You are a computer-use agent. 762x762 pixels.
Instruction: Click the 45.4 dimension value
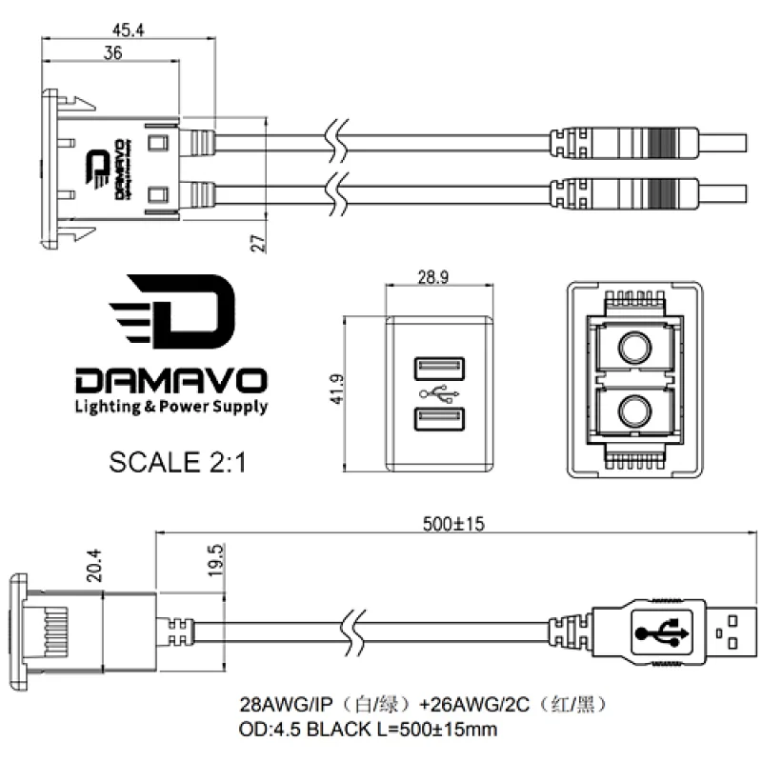click(129, 30)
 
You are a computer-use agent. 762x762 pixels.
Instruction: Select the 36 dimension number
click(112, 52)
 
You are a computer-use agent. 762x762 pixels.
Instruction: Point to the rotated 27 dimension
click(258, 243)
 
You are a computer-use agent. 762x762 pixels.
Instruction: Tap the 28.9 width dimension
click(433, 277)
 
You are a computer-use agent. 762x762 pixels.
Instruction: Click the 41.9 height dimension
click(336, 389)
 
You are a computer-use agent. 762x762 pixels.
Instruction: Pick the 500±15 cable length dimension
click(453, 524)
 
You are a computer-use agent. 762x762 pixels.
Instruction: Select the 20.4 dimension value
click(94, 566)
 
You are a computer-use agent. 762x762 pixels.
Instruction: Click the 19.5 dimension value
click(216, 560)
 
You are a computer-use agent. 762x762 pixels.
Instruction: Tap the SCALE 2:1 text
click(177, 462)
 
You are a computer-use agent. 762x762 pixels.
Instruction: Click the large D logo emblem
click(172, 311)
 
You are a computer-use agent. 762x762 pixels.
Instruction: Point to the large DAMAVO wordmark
click(171, 380)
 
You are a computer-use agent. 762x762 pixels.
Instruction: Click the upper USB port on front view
click(439, 369)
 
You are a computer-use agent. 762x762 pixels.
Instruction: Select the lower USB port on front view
click(439, 419)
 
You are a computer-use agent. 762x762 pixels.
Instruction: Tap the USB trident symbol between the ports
click(439, 394)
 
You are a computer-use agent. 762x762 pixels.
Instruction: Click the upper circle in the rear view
click(634, 348)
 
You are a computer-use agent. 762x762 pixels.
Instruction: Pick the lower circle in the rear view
click(634, 411)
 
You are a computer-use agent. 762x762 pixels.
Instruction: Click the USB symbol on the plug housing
click(661, 632)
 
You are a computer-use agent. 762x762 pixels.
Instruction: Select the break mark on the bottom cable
click(353, 633)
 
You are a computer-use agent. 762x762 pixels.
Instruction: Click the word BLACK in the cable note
click(339, 729)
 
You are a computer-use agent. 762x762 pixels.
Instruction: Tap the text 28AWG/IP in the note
click(287, 704)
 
